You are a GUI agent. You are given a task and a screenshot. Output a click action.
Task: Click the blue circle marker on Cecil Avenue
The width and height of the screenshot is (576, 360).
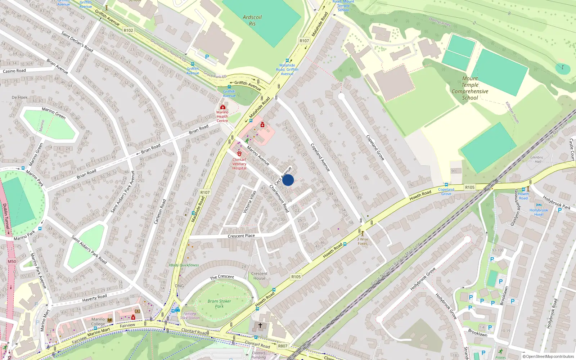[x=288, y=180]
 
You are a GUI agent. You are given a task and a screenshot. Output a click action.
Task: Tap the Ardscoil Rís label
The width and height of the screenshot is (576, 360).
[x=252, y=21]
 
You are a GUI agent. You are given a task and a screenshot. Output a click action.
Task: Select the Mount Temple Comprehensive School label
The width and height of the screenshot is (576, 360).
[x=470, y=88]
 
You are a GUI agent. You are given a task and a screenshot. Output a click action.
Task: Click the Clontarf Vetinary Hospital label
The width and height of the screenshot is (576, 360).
[x=239, y=164]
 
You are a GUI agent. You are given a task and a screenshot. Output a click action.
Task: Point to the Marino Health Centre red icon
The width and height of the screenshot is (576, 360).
[x=223, y=107]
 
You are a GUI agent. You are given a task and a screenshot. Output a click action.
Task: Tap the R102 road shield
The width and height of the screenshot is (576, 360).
[x=128, y=31]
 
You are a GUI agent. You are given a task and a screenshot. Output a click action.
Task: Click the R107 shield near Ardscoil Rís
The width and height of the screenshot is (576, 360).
[x=304, y=41]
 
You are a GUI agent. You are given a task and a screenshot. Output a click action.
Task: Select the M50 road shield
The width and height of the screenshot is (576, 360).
[x=12, y=262]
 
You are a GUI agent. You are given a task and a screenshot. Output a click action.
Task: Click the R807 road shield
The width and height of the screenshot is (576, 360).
[x=283, y=346]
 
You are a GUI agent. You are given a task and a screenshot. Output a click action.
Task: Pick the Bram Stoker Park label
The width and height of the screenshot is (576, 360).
[x=219, y=304]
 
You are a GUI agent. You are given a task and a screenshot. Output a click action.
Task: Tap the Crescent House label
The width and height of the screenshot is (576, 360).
[x=259, y=276]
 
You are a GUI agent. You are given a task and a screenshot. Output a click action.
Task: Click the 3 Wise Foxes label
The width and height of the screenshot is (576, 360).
[x=363, y=241]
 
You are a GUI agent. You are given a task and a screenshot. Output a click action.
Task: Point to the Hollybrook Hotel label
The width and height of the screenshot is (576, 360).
[x=539, y=212]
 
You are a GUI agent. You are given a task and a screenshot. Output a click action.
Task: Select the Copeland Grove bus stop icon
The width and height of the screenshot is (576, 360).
[x=446, y=185]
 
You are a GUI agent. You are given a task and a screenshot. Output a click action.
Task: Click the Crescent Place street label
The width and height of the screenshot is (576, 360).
[x=241, y=236]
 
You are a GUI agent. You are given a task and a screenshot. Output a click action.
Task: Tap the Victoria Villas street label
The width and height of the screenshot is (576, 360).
[x=249, y=202]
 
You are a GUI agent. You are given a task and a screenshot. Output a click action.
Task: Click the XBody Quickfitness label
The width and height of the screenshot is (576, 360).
[x=184, y=265]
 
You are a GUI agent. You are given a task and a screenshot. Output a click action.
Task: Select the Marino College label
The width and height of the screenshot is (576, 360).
[x=98, y=321]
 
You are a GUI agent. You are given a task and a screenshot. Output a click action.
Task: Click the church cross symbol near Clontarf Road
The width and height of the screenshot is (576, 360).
[x=260, y=325]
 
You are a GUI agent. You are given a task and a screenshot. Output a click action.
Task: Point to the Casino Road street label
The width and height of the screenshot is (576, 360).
[x=14, y=71]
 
